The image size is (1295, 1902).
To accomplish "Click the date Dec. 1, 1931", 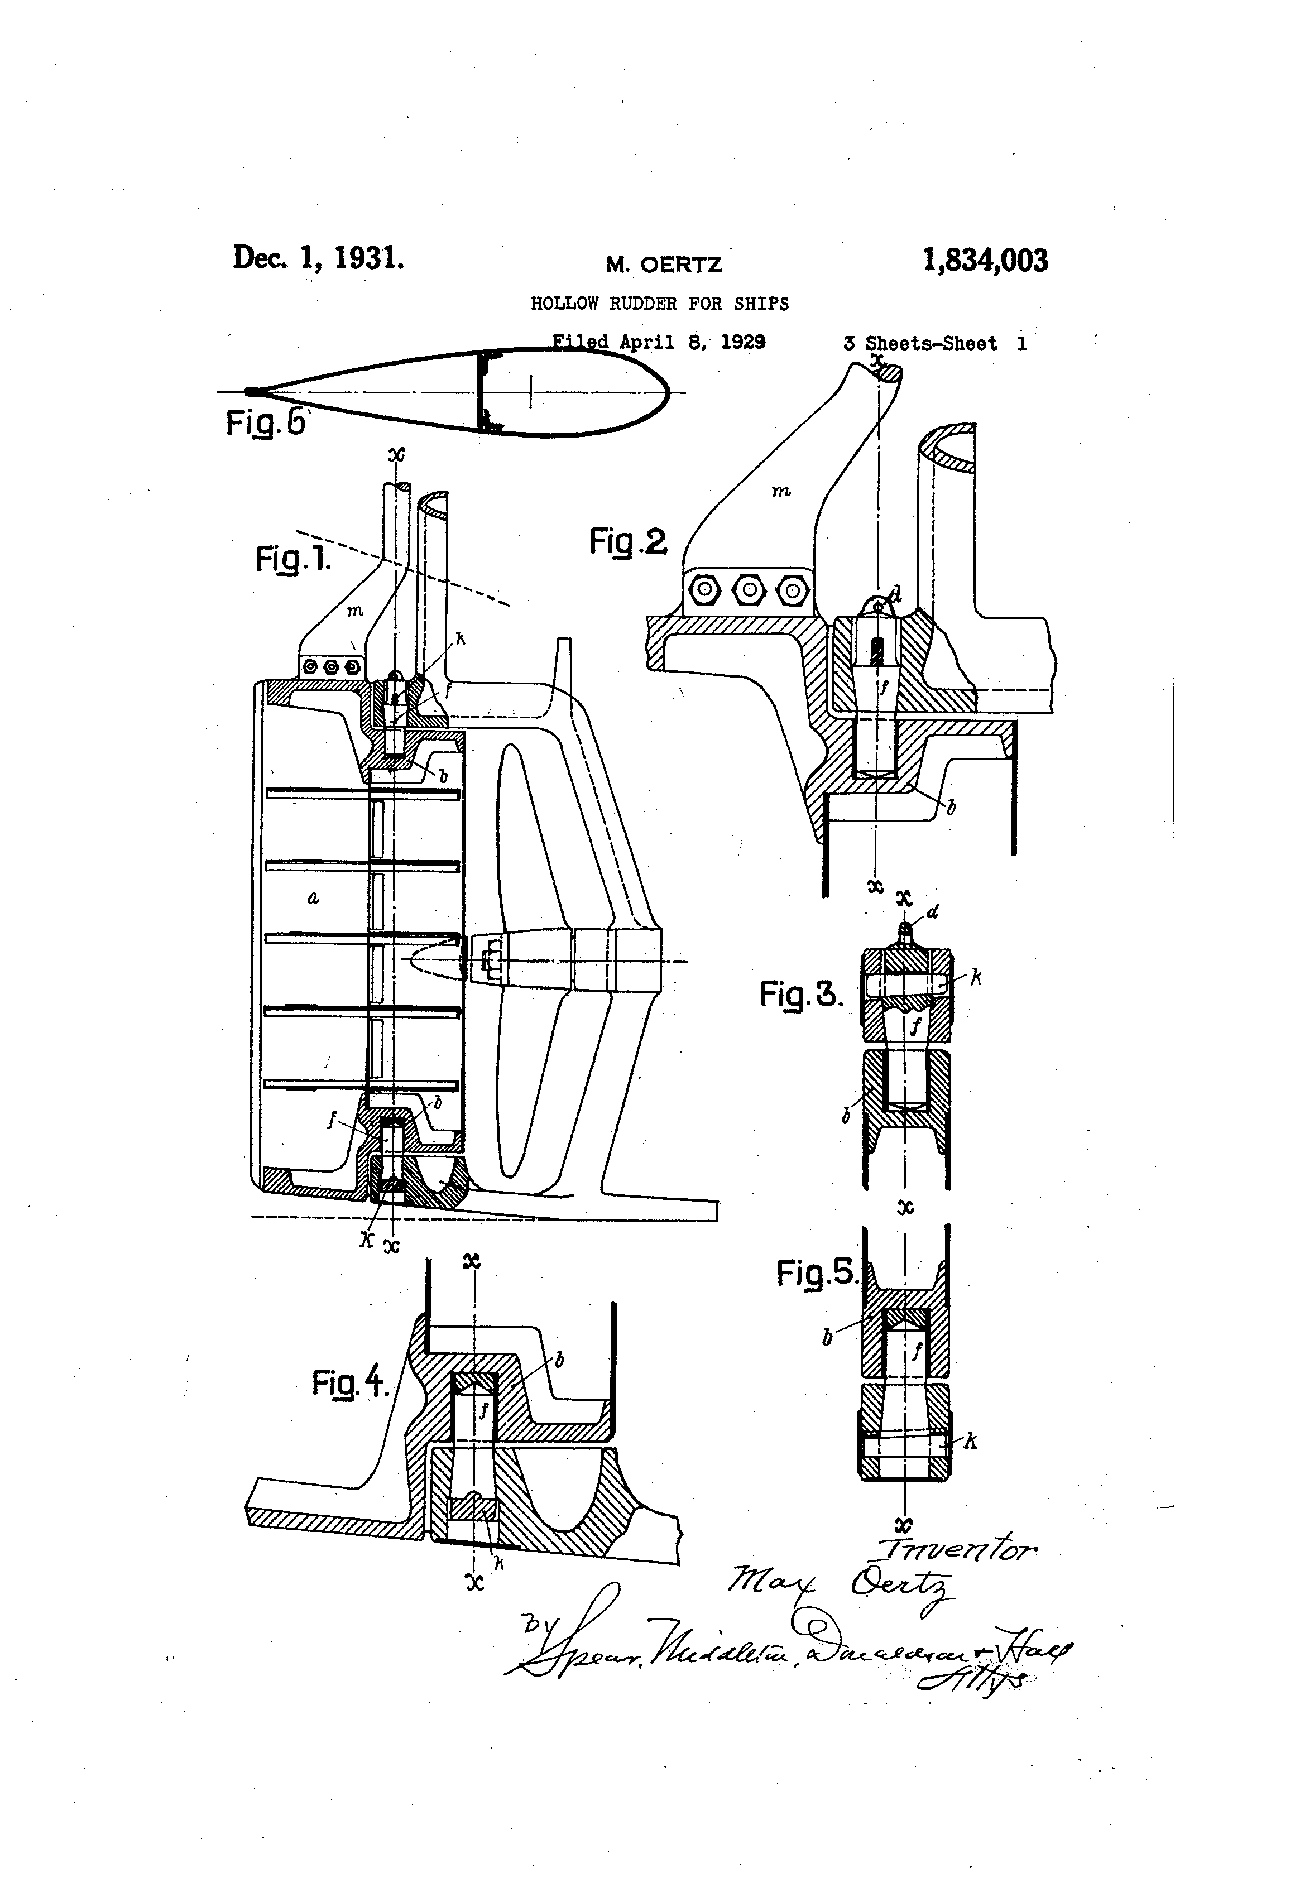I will coord(318,258).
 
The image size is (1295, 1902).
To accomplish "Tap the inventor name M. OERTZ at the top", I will coord(663,265).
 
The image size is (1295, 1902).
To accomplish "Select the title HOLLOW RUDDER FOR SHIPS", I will coord(660,304).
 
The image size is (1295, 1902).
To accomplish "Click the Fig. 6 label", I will coord(265,423).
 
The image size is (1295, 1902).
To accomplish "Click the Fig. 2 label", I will coord(628,542).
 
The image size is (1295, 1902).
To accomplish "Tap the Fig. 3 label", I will coord(800,995).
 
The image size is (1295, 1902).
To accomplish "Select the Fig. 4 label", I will coord(349,1383).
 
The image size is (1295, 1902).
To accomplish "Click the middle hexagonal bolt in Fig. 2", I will coord(746,589).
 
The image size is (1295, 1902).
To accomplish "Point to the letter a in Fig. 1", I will coord(313,898).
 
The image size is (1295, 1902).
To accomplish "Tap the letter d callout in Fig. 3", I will coord(933,912).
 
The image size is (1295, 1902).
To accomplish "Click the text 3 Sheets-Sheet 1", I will coord(935,344).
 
